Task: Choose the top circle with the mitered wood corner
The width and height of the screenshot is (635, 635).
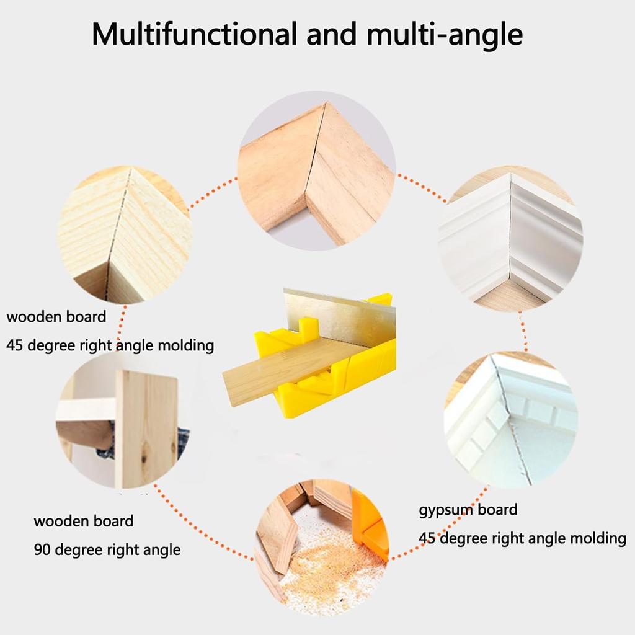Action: pyautogui.click(x=316, y=171)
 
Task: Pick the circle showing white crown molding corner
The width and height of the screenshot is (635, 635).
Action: pyautogui.click(x=512, y=239)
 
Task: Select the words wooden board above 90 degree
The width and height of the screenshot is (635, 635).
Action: pyautogui.click(x=83, y=521)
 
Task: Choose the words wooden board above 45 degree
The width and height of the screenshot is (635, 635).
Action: pyautogui.click(x=56, y=317)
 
